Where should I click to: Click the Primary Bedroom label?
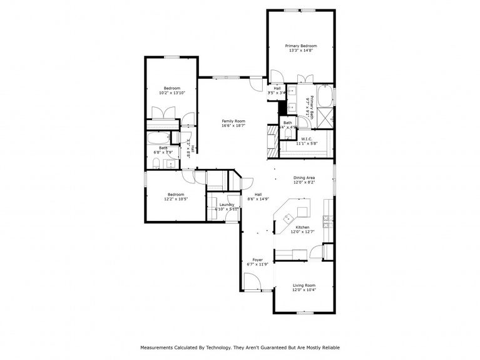301,46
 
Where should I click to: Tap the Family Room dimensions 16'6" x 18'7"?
233,125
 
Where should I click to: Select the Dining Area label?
304,178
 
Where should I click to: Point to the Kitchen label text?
302,227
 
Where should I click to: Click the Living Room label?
304,285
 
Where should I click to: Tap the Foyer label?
257,259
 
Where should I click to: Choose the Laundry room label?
227,204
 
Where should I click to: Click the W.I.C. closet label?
307,138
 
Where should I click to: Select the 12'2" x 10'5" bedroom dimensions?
175,198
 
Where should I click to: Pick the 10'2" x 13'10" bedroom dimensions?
172,93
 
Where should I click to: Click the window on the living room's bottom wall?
304,312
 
